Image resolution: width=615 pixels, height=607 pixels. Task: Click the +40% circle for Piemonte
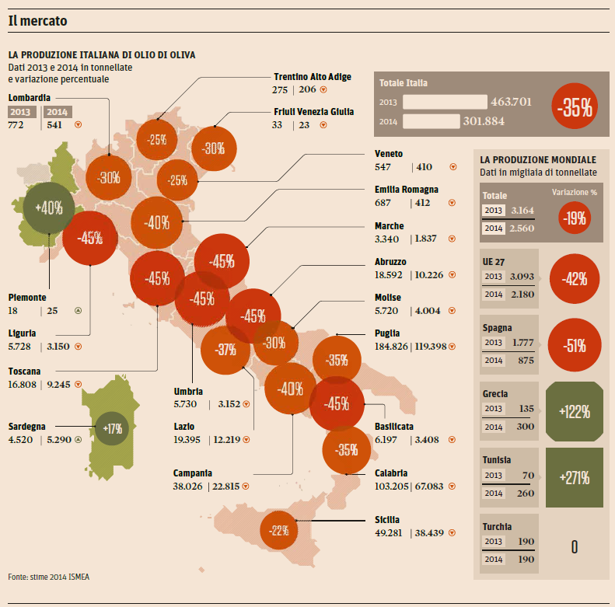pos(49,208)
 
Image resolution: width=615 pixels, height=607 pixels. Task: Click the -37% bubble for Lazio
pos(225,350)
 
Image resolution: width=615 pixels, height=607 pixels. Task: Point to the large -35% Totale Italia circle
pos(575,109)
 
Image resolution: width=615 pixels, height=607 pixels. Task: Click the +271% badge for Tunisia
pos(574,477)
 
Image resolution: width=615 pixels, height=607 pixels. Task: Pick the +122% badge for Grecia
pos(574,411)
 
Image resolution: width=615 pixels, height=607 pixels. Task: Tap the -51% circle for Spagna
pos(575,345)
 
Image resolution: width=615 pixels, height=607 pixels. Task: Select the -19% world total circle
pos(575,218)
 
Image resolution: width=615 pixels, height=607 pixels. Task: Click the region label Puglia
pos(387,333)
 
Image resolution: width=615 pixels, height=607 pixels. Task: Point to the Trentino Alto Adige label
pos(313,77)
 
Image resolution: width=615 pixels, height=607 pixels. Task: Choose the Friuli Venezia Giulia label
pos(314,111)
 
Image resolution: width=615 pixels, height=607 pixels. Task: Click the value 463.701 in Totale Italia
pos(511,101)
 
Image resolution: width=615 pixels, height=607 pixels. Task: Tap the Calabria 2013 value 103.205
pos(392,487)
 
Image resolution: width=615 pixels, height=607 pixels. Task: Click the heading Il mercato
pos(37,21)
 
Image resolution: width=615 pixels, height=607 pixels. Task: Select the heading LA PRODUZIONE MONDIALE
pos(538,159)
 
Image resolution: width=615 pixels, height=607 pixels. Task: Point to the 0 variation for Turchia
pos(574,546)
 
